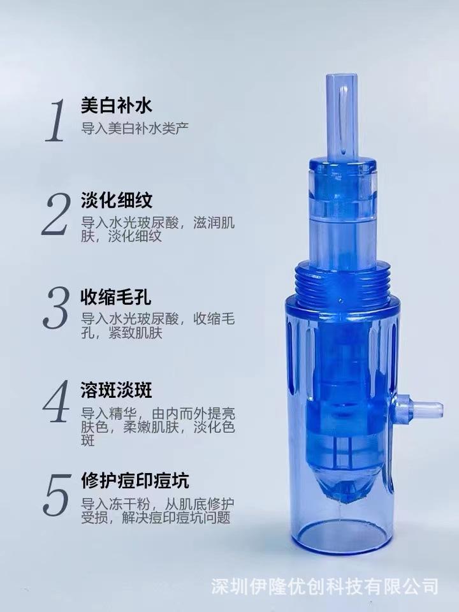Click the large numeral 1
[x=55, y=120]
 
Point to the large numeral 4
[x=56, y=401]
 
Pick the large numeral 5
[x=57, y=494]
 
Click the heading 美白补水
[x=116, y=105]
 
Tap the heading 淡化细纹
[x=116, y=200]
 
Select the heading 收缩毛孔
[x=116, y=297]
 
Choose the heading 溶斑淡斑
[x=116, y=390]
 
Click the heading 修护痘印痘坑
[x=135, y=481]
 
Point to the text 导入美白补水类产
[x=135, y=128]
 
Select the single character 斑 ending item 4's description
[x=88, y=441]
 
